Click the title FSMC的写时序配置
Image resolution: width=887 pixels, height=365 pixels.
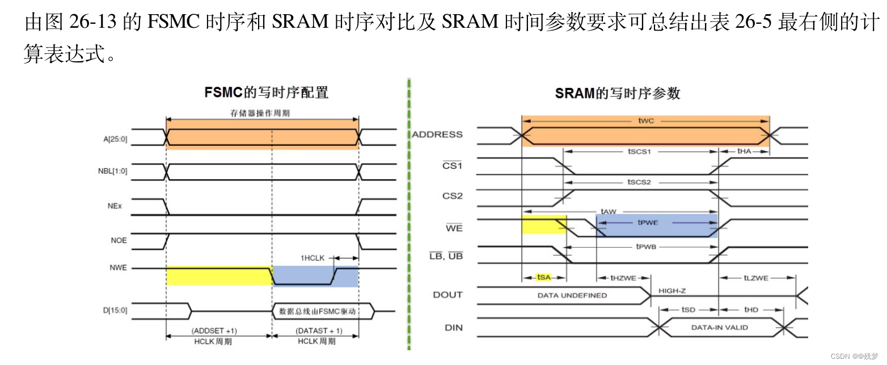[x=266, y=92]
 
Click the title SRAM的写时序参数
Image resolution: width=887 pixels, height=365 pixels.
[x=618, y=94]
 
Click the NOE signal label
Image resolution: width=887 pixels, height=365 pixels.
[x=119, y=240]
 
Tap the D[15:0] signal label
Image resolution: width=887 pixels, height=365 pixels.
[x=113, y=310]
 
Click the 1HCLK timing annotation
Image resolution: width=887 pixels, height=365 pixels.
[x=312, y=258]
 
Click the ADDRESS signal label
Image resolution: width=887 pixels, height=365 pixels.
[x=437, y=134]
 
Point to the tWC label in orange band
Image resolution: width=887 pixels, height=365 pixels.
[x=646, y=121]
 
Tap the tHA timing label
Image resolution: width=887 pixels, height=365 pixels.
[x=744, y=151]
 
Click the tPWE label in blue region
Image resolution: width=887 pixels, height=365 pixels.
[x=648, y=223]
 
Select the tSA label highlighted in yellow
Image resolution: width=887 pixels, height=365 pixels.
[x=543, y=277]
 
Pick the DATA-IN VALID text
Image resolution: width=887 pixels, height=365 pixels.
[x=719, y=327]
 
